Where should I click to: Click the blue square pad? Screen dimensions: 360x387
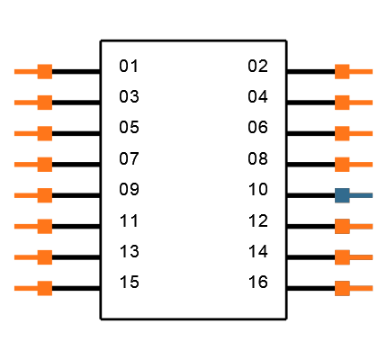(342, 195)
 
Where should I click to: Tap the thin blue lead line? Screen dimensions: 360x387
(362, 195)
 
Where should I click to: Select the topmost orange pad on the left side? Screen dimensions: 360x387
(44, 71)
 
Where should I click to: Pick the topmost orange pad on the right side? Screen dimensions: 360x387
(342, 71)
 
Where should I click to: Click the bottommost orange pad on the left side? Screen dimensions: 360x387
(44, 288)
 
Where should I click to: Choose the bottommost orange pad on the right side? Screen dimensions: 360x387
(342, 288)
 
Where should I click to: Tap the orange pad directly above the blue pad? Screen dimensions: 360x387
(342, 164)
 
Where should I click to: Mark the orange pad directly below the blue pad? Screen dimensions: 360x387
(342, 226)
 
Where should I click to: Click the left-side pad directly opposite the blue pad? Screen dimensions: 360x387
(44, 195)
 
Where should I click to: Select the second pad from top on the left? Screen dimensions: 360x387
(44, 103)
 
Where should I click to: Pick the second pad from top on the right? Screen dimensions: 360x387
(342, 103)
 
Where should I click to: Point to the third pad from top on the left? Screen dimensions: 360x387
(44, 133)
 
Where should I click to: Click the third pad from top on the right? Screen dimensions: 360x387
(342, 133)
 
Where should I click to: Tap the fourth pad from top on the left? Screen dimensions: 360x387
(44, 164)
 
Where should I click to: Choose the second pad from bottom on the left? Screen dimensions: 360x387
(44, 257)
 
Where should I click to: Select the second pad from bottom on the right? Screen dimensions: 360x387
(342, 257)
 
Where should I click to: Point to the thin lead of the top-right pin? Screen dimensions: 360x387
(362, 71)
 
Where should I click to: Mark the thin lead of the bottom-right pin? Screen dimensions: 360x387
(362, 288)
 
